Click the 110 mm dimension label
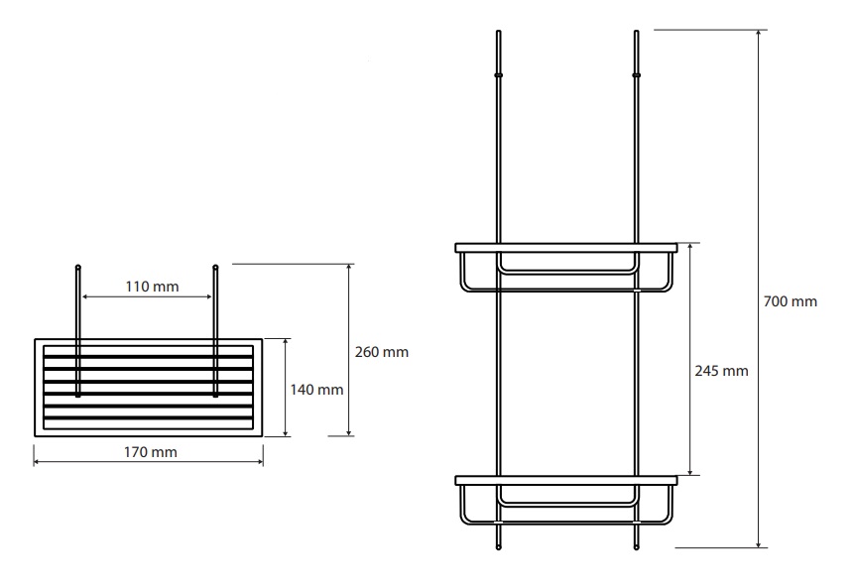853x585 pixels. coord(152,287)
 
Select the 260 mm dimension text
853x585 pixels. coord(381,352)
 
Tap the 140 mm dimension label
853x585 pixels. coord(316,390)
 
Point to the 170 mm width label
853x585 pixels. coord(150,452)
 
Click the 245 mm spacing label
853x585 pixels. coord(721,371)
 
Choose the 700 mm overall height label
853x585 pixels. coord(790,301)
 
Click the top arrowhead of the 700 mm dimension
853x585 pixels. coord(759,34)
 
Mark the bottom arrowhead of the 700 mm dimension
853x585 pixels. coord(759,543)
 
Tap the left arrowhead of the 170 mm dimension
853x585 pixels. coord(38,462)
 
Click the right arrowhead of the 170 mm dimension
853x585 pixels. coord(259,462)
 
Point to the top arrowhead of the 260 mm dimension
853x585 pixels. coord(349,268)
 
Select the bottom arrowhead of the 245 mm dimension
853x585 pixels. coord(690,471)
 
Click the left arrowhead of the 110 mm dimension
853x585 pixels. coord(86,296)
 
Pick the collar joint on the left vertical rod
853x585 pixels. coord(498,74)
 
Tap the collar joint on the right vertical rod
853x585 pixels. coord(637,74)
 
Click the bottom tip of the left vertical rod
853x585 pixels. coord(498,548)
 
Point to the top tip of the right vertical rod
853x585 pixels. coord(637,32)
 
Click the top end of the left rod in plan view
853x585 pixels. coord(77,267)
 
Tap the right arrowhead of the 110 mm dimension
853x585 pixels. coord(208,296)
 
